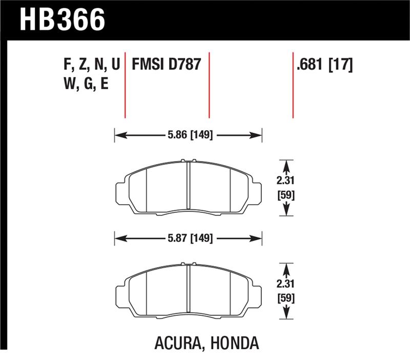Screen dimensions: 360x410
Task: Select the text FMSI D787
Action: (x=166, y=65)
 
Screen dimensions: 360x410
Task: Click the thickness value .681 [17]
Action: (x=324, y=65)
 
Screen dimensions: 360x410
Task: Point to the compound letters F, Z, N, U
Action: (x=90, y=65)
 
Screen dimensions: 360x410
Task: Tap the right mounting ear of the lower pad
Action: (x=257, y=295)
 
